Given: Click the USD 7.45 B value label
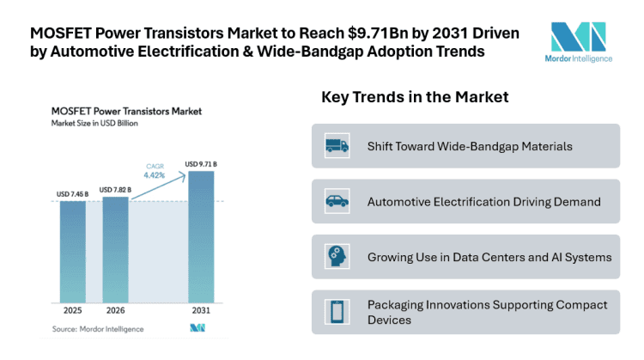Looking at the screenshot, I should coord(72,194).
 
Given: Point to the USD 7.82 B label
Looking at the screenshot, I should coord(115,189).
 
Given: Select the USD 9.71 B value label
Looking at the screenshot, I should coord(201,163).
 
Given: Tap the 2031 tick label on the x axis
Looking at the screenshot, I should coord(201,310).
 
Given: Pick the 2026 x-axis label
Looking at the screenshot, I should coord(115,310).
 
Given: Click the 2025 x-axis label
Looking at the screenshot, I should coord(72,310).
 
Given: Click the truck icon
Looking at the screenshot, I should coord(337,146).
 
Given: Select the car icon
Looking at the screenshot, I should coord(337,203).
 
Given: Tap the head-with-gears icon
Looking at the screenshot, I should coord(337,257).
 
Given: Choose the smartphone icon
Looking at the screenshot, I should coord(337,313).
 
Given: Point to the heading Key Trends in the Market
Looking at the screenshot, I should coord(415,97).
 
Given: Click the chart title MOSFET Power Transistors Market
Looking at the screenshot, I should coord(127,111).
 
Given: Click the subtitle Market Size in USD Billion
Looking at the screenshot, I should coord(94,125).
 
